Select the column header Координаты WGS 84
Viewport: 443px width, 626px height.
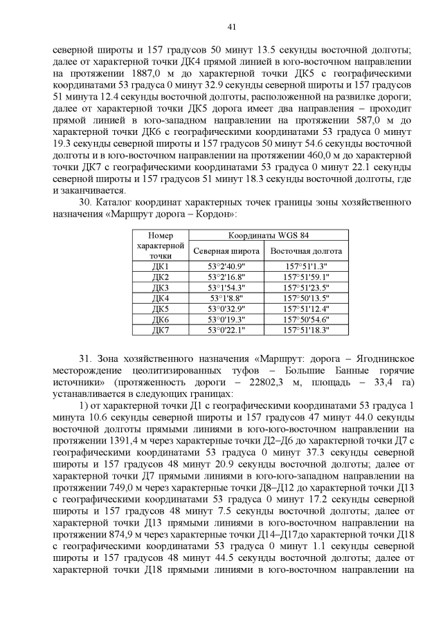tap(269, 235)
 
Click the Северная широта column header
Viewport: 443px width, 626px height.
tap(226, 250)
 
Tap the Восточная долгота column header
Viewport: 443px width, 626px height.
tap(307, 250)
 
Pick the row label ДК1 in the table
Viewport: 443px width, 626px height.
tap(160, 266)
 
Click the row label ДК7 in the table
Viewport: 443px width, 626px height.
tap(160, 330)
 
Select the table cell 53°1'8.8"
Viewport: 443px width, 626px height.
tap(226, 298)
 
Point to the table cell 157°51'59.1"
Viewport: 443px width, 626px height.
tap(307, 277)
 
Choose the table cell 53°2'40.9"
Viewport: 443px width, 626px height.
tap(226, 266)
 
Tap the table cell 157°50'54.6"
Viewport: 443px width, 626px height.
tap(307, 320)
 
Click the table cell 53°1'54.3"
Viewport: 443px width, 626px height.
tap(226, 288)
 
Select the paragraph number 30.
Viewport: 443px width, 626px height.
tap(87, 203)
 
